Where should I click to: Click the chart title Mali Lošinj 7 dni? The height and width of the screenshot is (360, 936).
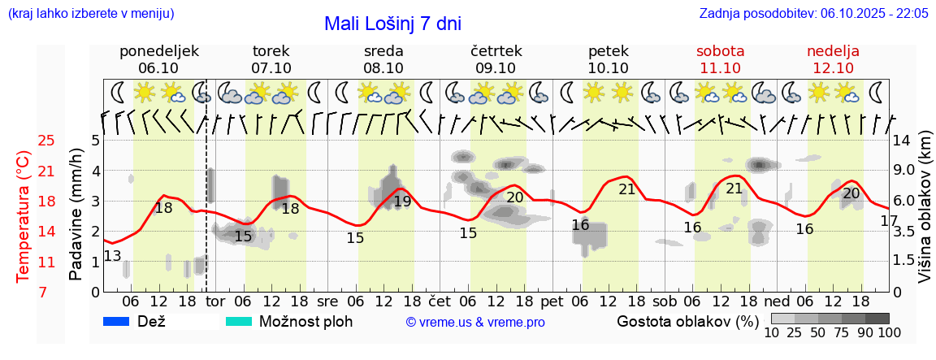click(392, 24)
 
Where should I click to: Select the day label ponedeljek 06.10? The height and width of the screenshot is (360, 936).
click(158, 59)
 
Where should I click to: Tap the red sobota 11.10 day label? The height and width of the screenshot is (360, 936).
click(720, 59)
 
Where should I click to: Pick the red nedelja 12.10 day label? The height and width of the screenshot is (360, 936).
click(833, 59)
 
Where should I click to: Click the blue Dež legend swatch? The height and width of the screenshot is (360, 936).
click(117, 321)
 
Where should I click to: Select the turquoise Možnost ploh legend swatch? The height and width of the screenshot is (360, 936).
click(239, 321)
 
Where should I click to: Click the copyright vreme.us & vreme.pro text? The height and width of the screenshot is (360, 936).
click(475, 323)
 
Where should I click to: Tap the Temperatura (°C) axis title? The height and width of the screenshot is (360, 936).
click(24, 217)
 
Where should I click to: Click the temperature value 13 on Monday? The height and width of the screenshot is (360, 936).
click(112, 257)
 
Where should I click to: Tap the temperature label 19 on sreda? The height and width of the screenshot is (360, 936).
click(402, 202)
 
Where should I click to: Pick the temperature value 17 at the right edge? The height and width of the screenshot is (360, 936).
click(889, 221)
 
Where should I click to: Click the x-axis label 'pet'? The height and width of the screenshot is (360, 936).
click(552, 301)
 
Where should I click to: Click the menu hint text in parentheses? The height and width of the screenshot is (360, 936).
click(90, 14)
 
